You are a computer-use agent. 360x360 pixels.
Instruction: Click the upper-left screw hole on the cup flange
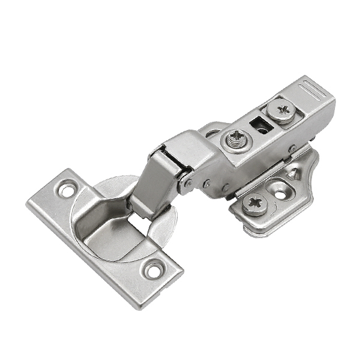pos(64,190)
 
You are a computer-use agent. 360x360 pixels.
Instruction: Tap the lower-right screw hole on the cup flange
pos(154,269)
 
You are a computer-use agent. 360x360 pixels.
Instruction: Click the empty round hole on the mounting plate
pos(280,188)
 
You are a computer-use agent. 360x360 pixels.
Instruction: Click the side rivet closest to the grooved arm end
pos(292,149)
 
